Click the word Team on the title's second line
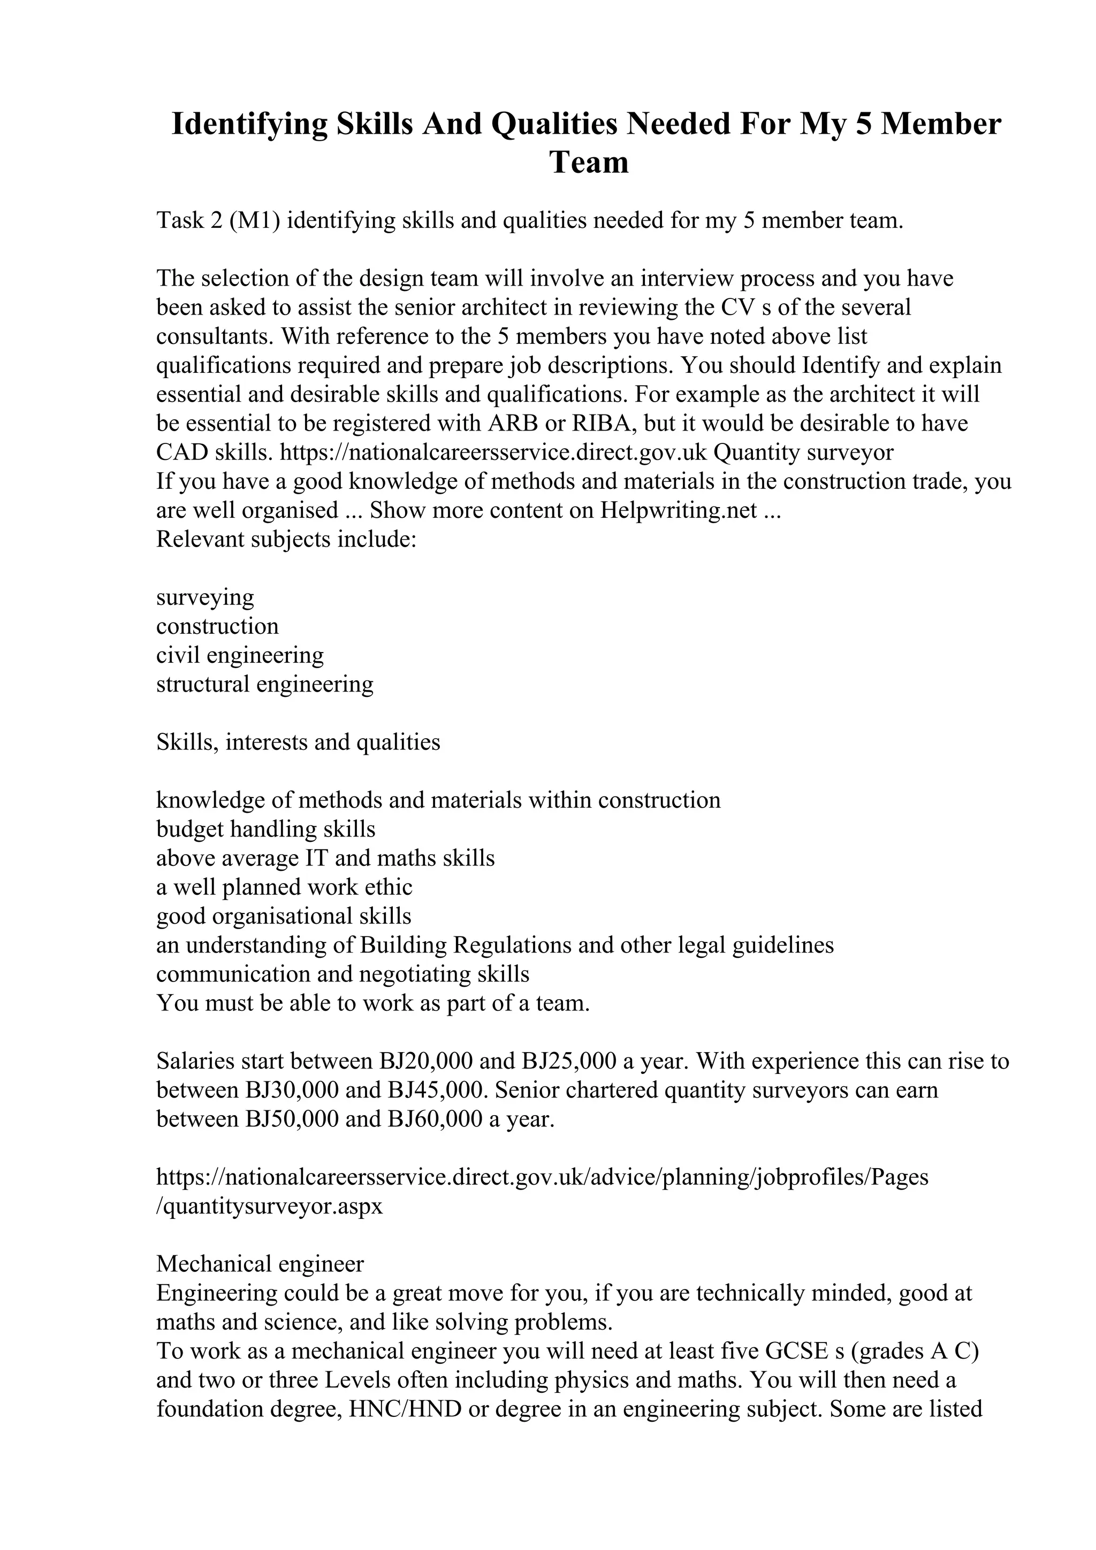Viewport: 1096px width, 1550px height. tap(589, 163)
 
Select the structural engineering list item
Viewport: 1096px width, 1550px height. tap(265, 685)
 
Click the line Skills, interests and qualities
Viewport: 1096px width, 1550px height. tap(298, 742)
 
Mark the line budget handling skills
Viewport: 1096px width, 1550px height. tap(265, 829)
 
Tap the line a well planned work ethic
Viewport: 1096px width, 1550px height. tap(284, 887)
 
